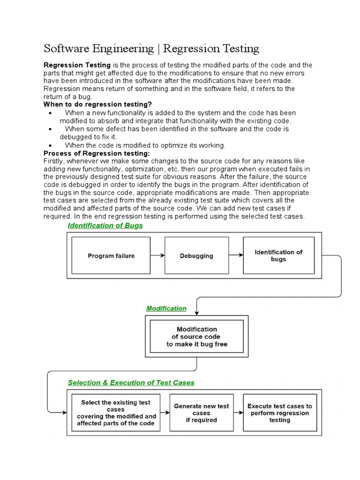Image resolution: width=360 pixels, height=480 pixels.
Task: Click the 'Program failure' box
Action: coord(111,255)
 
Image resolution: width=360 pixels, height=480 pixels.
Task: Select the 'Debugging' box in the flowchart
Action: coord(196,255)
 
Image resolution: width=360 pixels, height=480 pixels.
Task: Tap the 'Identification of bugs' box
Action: coord(278,255)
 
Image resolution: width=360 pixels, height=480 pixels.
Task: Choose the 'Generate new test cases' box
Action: coord(202,412)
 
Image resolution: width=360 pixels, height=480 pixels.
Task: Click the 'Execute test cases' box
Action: coord(279,412)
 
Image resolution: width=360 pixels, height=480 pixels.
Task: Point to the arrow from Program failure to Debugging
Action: coord(158,255)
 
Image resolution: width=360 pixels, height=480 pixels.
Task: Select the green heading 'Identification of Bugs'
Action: coord(105,225)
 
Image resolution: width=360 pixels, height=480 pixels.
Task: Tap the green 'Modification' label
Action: coord(166,308)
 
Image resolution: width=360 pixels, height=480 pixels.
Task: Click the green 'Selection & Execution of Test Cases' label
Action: coord(131,382)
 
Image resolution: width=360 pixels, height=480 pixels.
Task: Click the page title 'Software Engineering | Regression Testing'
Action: coord(151,48)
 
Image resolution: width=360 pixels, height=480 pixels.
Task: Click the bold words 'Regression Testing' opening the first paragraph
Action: coord(77,65)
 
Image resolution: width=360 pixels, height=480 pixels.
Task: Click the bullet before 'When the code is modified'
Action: coord(50,145)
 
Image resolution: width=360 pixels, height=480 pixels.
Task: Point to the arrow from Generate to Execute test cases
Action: coord(236,412)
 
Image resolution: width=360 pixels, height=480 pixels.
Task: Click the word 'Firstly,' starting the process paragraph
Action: coord(55,161)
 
